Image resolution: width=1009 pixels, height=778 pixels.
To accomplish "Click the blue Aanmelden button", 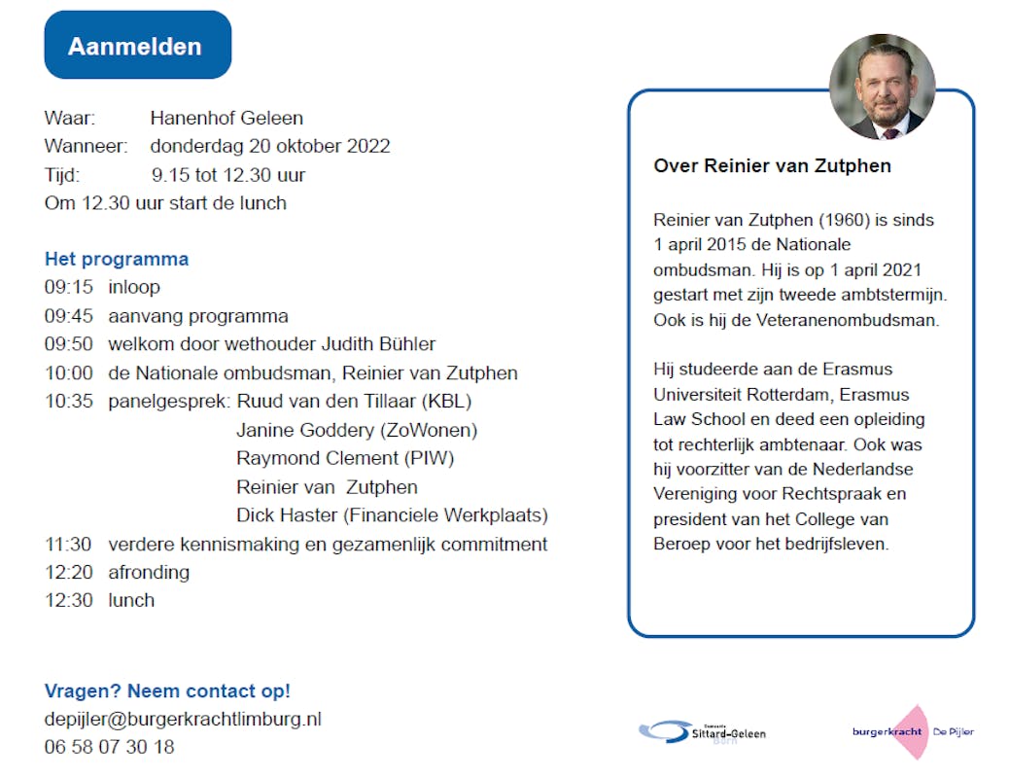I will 137,46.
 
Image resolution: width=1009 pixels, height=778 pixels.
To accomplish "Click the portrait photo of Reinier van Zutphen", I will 882,87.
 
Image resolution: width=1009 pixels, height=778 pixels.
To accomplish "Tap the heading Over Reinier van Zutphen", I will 772,165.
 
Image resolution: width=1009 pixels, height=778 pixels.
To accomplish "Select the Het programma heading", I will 117,259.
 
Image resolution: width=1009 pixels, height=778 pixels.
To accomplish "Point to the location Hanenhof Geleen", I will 226,119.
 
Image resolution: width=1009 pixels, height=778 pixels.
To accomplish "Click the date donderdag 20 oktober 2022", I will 269,147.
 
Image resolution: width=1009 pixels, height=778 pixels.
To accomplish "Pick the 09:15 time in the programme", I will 68,287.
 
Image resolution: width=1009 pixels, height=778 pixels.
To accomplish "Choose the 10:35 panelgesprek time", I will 68,401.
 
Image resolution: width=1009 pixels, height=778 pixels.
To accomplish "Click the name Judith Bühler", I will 380,344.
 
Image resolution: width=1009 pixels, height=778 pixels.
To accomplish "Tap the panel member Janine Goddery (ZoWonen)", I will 357,430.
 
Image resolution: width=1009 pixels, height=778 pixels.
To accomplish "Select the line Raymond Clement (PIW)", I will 345,458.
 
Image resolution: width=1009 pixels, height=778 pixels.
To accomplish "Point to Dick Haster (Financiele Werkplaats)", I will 392,515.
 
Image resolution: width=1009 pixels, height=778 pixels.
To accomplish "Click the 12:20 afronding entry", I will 117,572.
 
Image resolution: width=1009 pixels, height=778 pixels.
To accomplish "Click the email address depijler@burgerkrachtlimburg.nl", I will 183,720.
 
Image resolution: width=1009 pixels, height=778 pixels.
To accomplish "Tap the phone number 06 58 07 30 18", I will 109,748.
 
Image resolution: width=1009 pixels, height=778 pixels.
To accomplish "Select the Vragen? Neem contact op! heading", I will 167,691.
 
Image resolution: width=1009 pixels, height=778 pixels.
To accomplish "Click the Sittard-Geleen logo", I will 702,731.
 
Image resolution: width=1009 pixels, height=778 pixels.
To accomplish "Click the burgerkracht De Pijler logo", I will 912,731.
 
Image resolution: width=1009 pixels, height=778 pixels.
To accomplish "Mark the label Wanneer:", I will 86,147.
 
